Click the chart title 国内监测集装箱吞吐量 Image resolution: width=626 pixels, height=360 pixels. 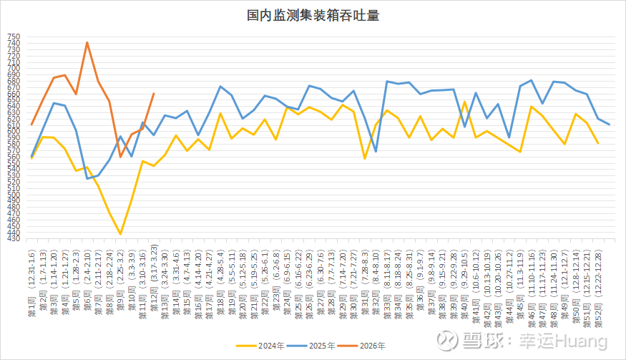(313, 15)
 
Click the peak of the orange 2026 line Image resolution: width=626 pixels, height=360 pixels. (87, 42)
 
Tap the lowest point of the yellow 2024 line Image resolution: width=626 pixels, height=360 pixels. (120, 234)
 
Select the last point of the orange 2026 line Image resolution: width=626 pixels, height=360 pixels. (154, 93)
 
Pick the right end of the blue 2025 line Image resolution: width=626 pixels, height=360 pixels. (609, 125)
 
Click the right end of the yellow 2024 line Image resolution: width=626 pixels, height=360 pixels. (598, 143)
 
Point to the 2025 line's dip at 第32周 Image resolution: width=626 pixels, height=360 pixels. (376, 152)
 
